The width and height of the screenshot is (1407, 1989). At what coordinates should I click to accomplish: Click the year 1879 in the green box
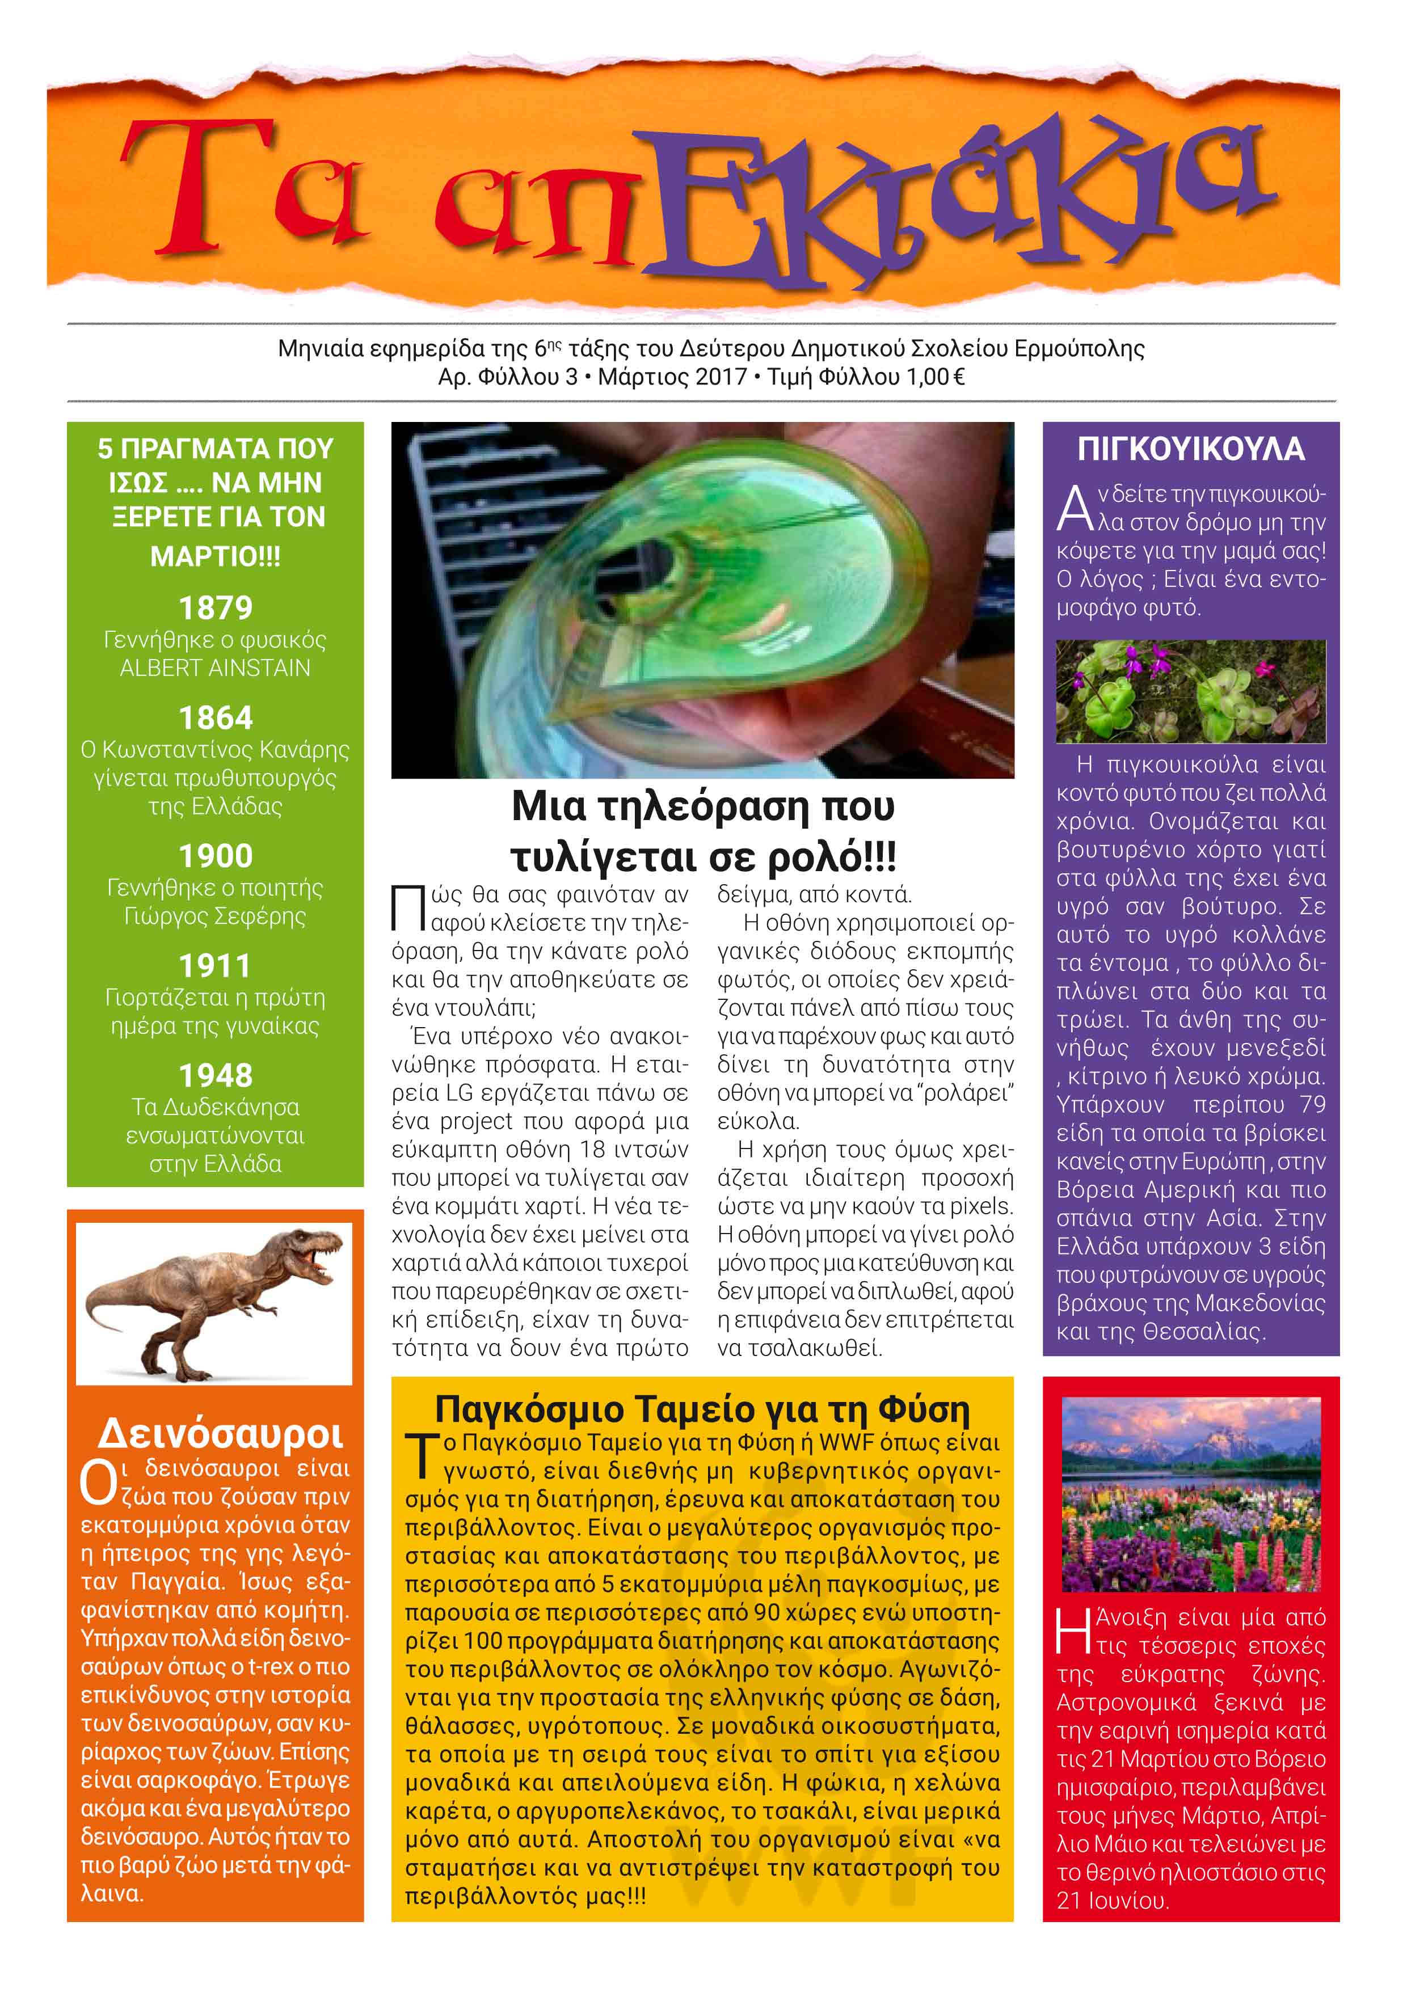[x=215, y=608]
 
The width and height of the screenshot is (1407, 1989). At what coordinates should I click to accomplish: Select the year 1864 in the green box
[x=215, y=717]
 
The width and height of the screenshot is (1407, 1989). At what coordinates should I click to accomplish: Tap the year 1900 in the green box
[x=215, y=856]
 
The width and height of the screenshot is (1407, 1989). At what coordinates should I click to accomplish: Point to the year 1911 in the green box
[x=215, y=965]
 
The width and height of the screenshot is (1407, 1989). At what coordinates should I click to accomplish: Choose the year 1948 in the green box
[x=215, y=1075]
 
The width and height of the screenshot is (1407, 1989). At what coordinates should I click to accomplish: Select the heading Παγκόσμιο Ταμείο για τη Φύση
[x=702, y=1409]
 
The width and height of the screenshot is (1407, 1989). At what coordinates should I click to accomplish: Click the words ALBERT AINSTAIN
[x=215, y=668]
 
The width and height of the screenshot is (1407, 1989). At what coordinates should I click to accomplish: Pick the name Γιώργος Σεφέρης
[x=215, y=916]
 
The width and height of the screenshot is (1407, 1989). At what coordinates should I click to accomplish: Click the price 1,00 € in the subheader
[x=935, y=377]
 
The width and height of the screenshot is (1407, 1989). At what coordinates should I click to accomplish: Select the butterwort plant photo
[x=1190, y=691]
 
